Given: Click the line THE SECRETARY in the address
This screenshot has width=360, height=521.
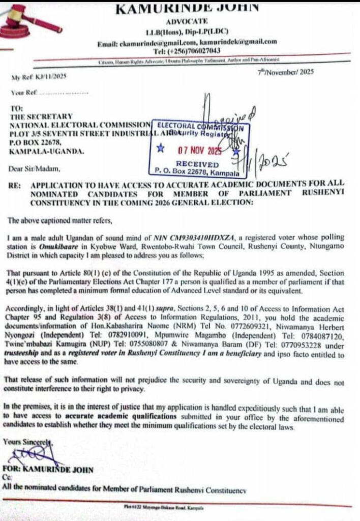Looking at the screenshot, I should click(x=42, y=116).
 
